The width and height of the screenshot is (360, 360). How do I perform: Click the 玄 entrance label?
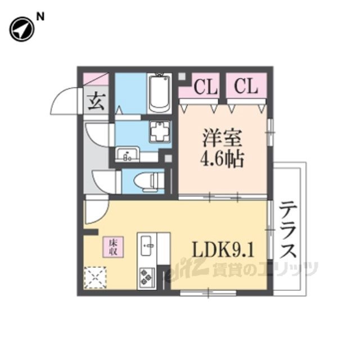(x=96, y=102)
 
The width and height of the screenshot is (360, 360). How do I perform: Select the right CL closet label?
(x=245, y=87)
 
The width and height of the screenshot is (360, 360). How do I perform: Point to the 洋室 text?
(x=220, y=138)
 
